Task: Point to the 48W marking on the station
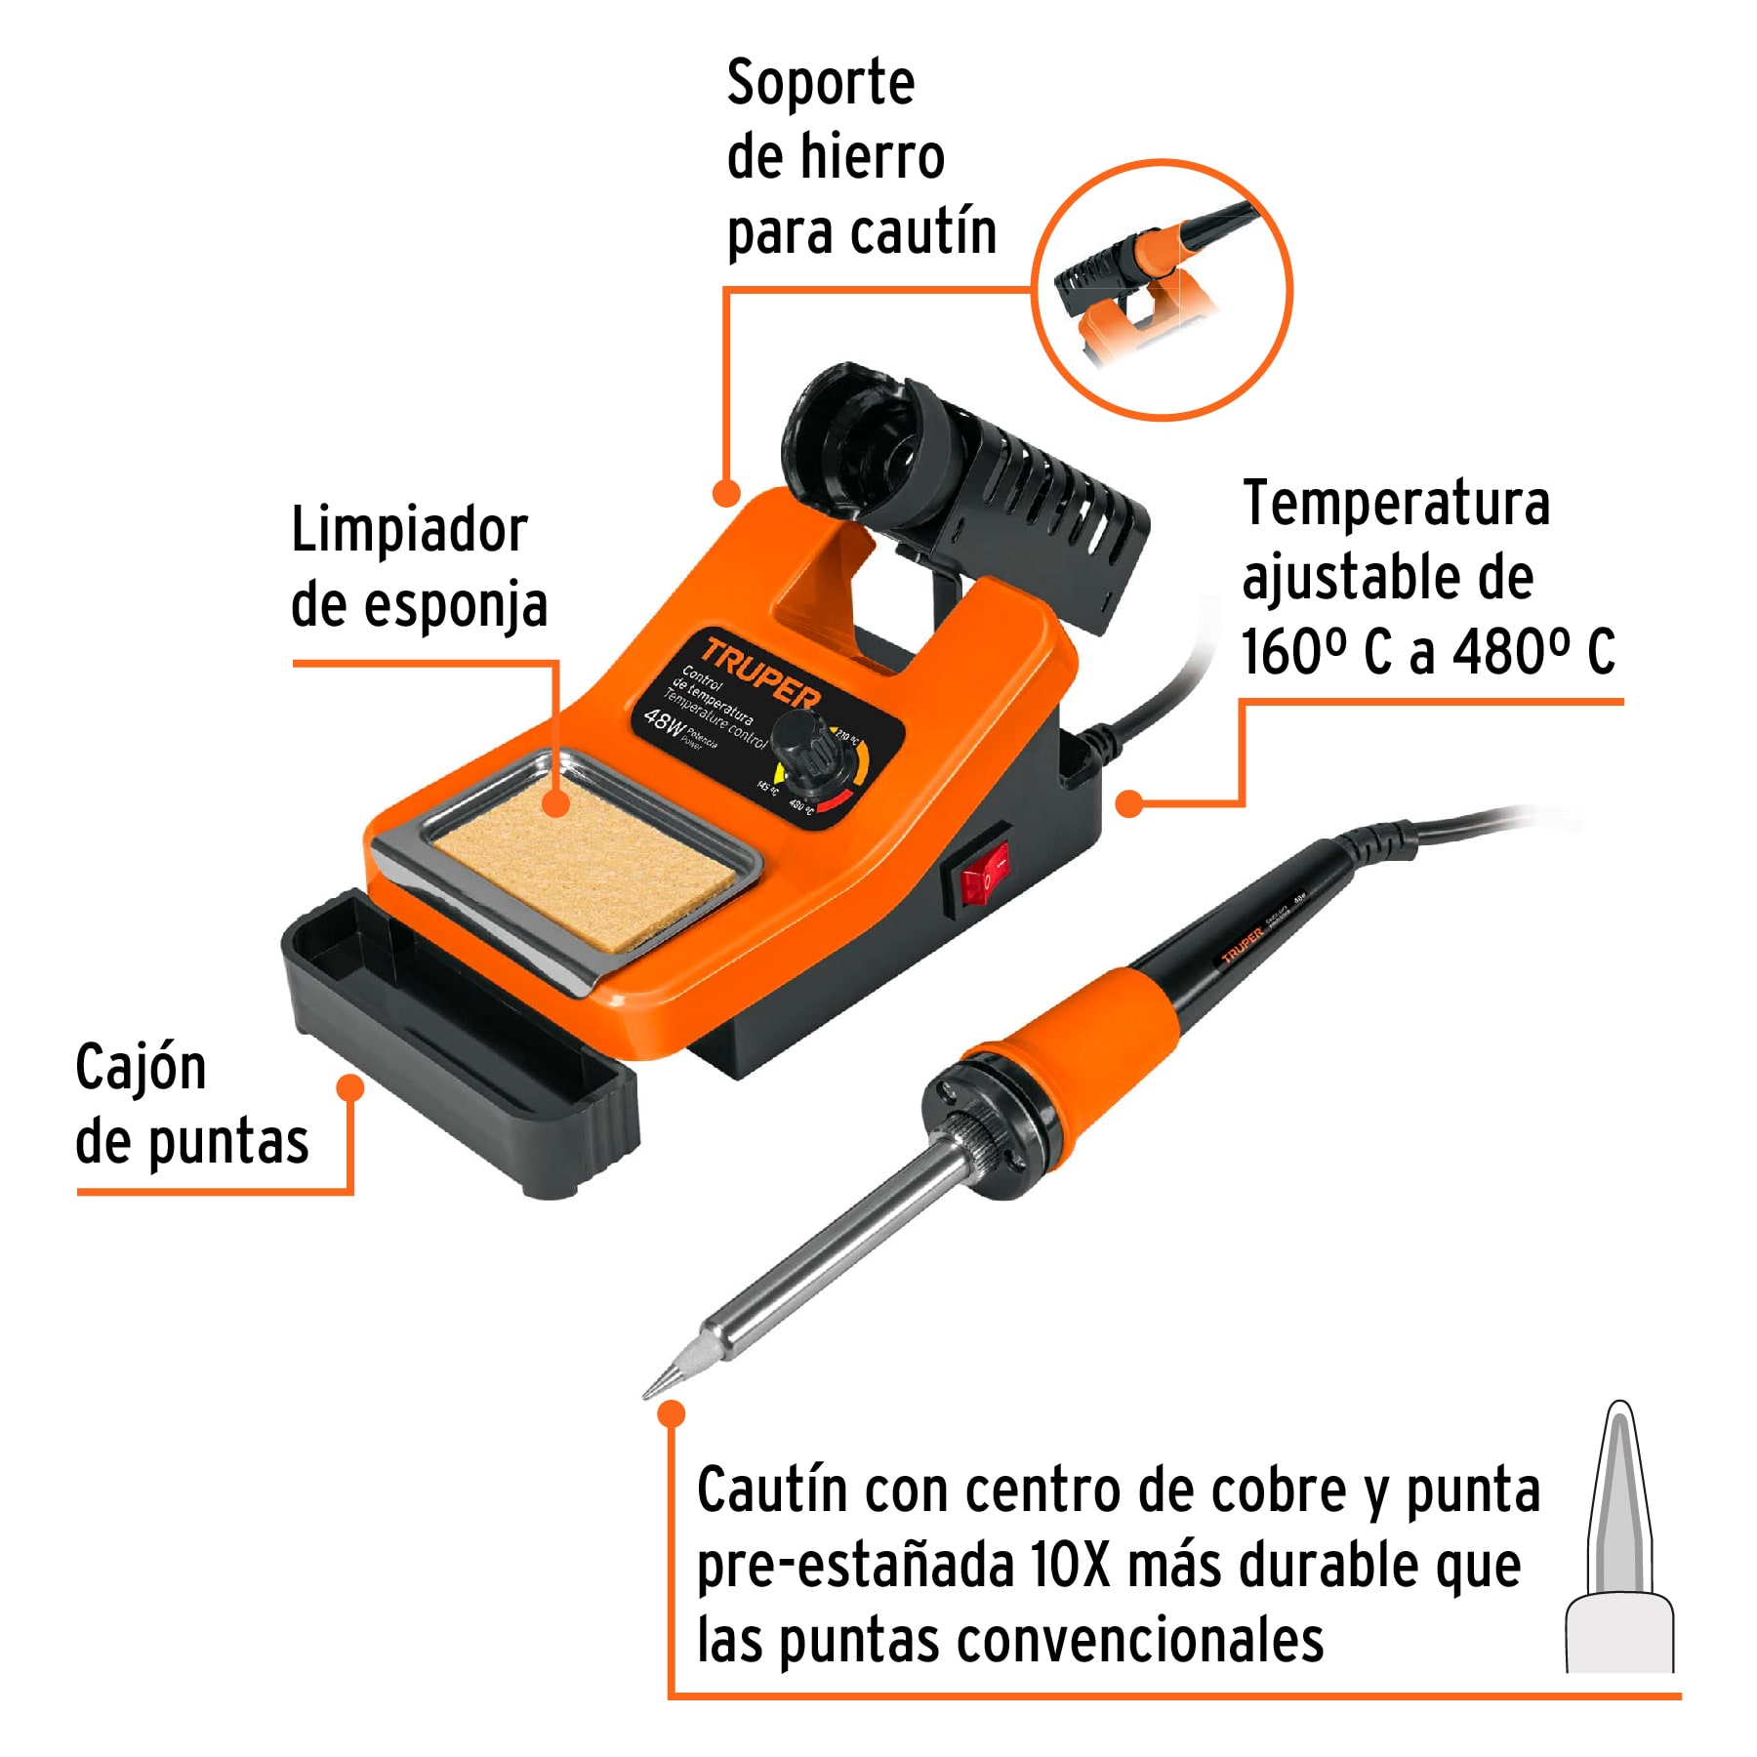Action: pos(664,722)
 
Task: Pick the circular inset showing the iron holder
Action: pos(1162,290)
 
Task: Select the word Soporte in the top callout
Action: pos(821,84)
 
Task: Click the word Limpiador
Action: pos(409,532)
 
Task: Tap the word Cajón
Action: pos(141,1069)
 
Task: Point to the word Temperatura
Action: pos(1396,505)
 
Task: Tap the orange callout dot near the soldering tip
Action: pos(672,1412)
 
